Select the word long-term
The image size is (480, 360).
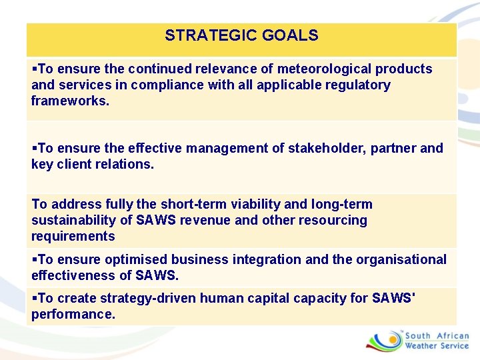click(341, 204)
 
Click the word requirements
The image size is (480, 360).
click(73, 236)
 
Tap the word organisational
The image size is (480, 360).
click(396, 259)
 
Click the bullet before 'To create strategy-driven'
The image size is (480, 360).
click(35, 298)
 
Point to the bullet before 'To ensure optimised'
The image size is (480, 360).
click(35, 259)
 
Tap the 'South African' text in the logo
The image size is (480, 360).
click(437, 336)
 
